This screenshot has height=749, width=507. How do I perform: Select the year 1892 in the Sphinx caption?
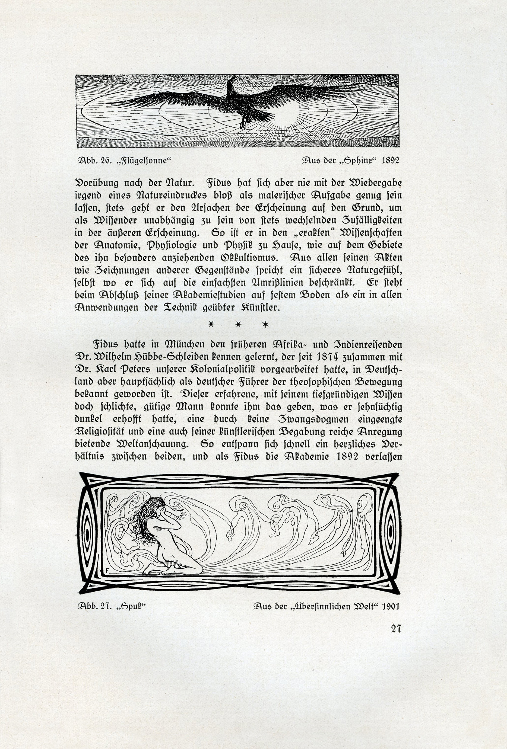(390, 161)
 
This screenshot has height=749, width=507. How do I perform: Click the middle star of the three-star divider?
(238, 324)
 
